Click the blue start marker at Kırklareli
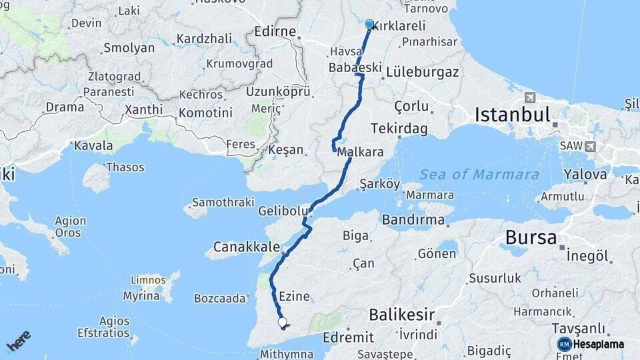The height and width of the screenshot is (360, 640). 369,24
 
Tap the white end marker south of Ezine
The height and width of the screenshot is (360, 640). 282,323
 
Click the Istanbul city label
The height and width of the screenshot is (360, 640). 512,115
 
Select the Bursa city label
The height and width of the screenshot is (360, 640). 531,237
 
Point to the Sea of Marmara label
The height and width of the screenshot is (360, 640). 479,175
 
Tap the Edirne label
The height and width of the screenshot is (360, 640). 275,31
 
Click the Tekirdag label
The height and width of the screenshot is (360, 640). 401,129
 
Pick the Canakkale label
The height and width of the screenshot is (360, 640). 247,247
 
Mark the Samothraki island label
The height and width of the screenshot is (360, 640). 223,202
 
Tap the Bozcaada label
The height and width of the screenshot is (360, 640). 220,299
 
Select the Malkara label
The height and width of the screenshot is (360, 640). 360,152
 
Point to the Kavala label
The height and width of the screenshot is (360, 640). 93,145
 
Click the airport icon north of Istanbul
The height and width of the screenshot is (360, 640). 530,98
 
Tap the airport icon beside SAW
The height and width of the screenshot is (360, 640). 590,147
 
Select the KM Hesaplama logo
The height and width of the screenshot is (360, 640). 591,344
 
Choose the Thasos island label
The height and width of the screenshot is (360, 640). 125,167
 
